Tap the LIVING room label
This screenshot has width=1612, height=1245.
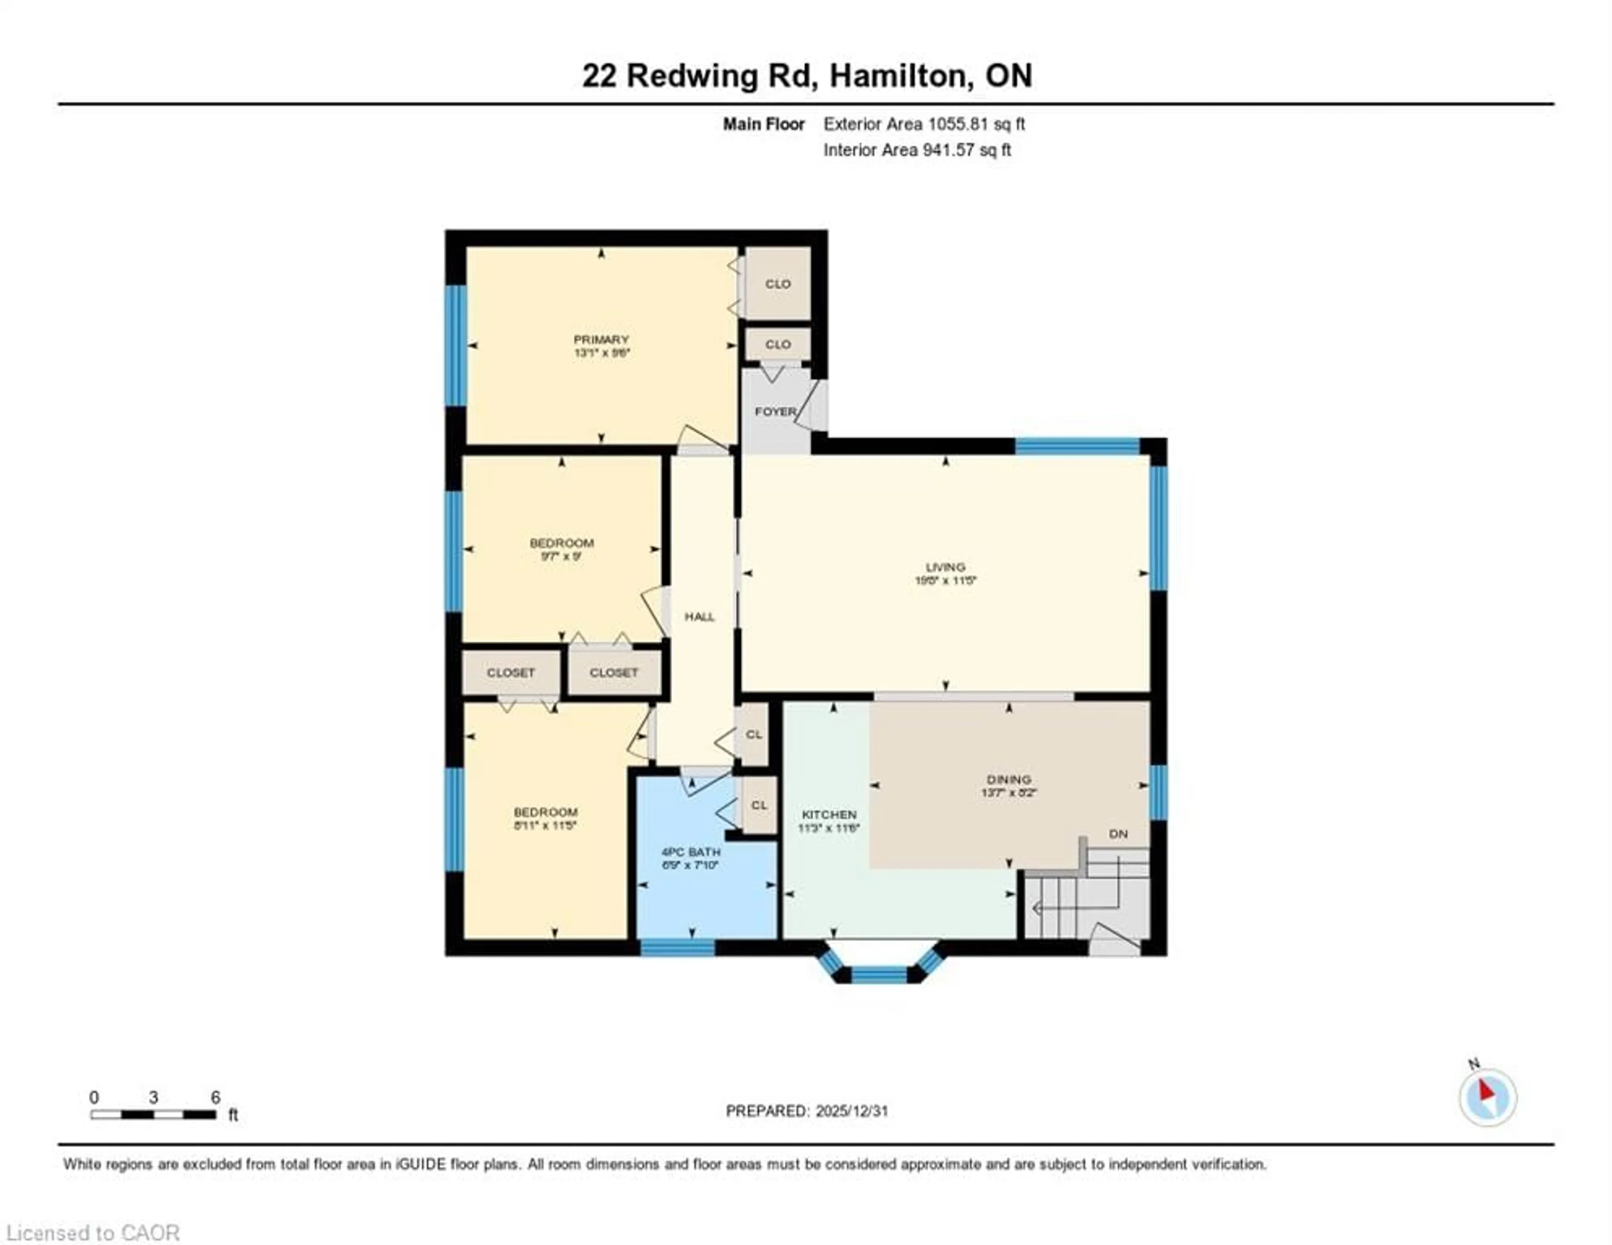pyautogui.click(x=945, y=567)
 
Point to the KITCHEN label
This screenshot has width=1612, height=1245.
pyautogui.click(x=829, y=815)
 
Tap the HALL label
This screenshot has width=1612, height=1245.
pyautogui.click(x=699, y=617)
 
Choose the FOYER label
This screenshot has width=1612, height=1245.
pyautogui.click(x=775, y=412)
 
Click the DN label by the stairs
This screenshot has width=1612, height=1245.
pyautogui.click(x=1118, y=834)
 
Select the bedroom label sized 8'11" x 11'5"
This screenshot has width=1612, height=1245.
pyautogui.click(x=545, y=812)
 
